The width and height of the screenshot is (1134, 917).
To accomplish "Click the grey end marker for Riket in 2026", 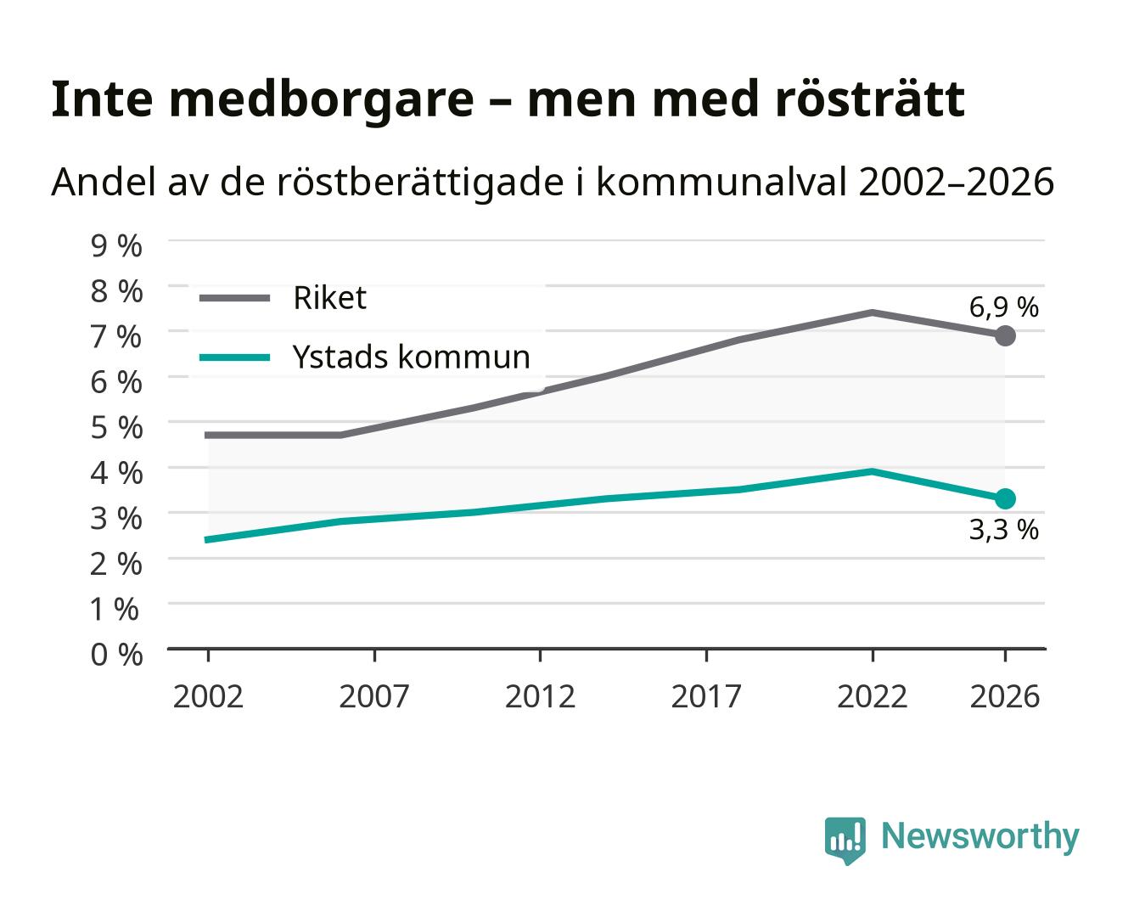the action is pos(1005,336).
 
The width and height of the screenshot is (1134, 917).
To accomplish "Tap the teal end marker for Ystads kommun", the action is pos(1005,499).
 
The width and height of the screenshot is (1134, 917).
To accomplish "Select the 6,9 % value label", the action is pos(1003,307).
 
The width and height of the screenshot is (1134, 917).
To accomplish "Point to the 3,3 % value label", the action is pos(1003,530).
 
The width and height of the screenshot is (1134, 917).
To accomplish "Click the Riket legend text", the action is pos(329,297).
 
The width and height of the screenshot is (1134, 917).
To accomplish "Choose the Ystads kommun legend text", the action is pos(411,357).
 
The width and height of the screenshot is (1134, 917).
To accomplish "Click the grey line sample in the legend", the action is pos(235,298).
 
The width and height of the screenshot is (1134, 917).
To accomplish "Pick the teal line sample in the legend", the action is pos(235,357).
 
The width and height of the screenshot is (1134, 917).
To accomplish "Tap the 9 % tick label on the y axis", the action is pos(116,246).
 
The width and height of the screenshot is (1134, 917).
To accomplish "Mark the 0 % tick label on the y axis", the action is pos(116,655).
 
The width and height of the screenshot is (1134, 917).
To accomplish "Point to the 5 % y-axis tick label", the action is pos(116,428).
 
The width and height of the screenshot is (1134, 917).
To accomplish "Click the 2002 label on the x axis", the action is pos(208,696).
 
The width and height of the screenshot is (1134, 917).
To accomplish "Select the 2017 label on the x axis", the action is pos(706,696).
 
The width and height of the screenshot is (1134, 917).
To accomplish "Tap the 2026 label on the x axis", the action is pos(1005,696).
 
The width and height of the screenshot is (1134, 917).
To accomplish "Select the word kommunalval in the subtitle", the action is pos(721,181).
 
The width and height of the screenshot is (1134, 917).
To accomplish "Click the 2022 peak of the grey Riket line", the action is pos(872,312).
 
